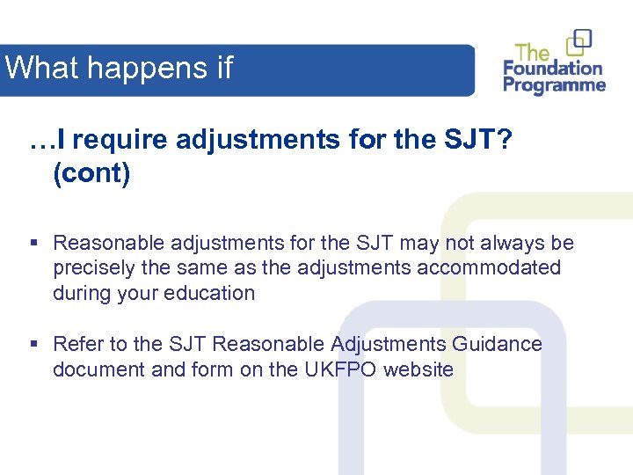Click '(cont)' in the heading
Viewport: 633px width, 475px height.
pos(91,173)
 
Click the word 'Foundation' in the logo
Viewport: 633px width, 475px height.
pos(553,69)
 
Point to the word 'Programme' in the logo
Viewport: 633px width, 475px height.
pos(555,85)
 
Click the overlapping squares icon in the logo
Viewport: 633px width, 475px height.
pos(579,41)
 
